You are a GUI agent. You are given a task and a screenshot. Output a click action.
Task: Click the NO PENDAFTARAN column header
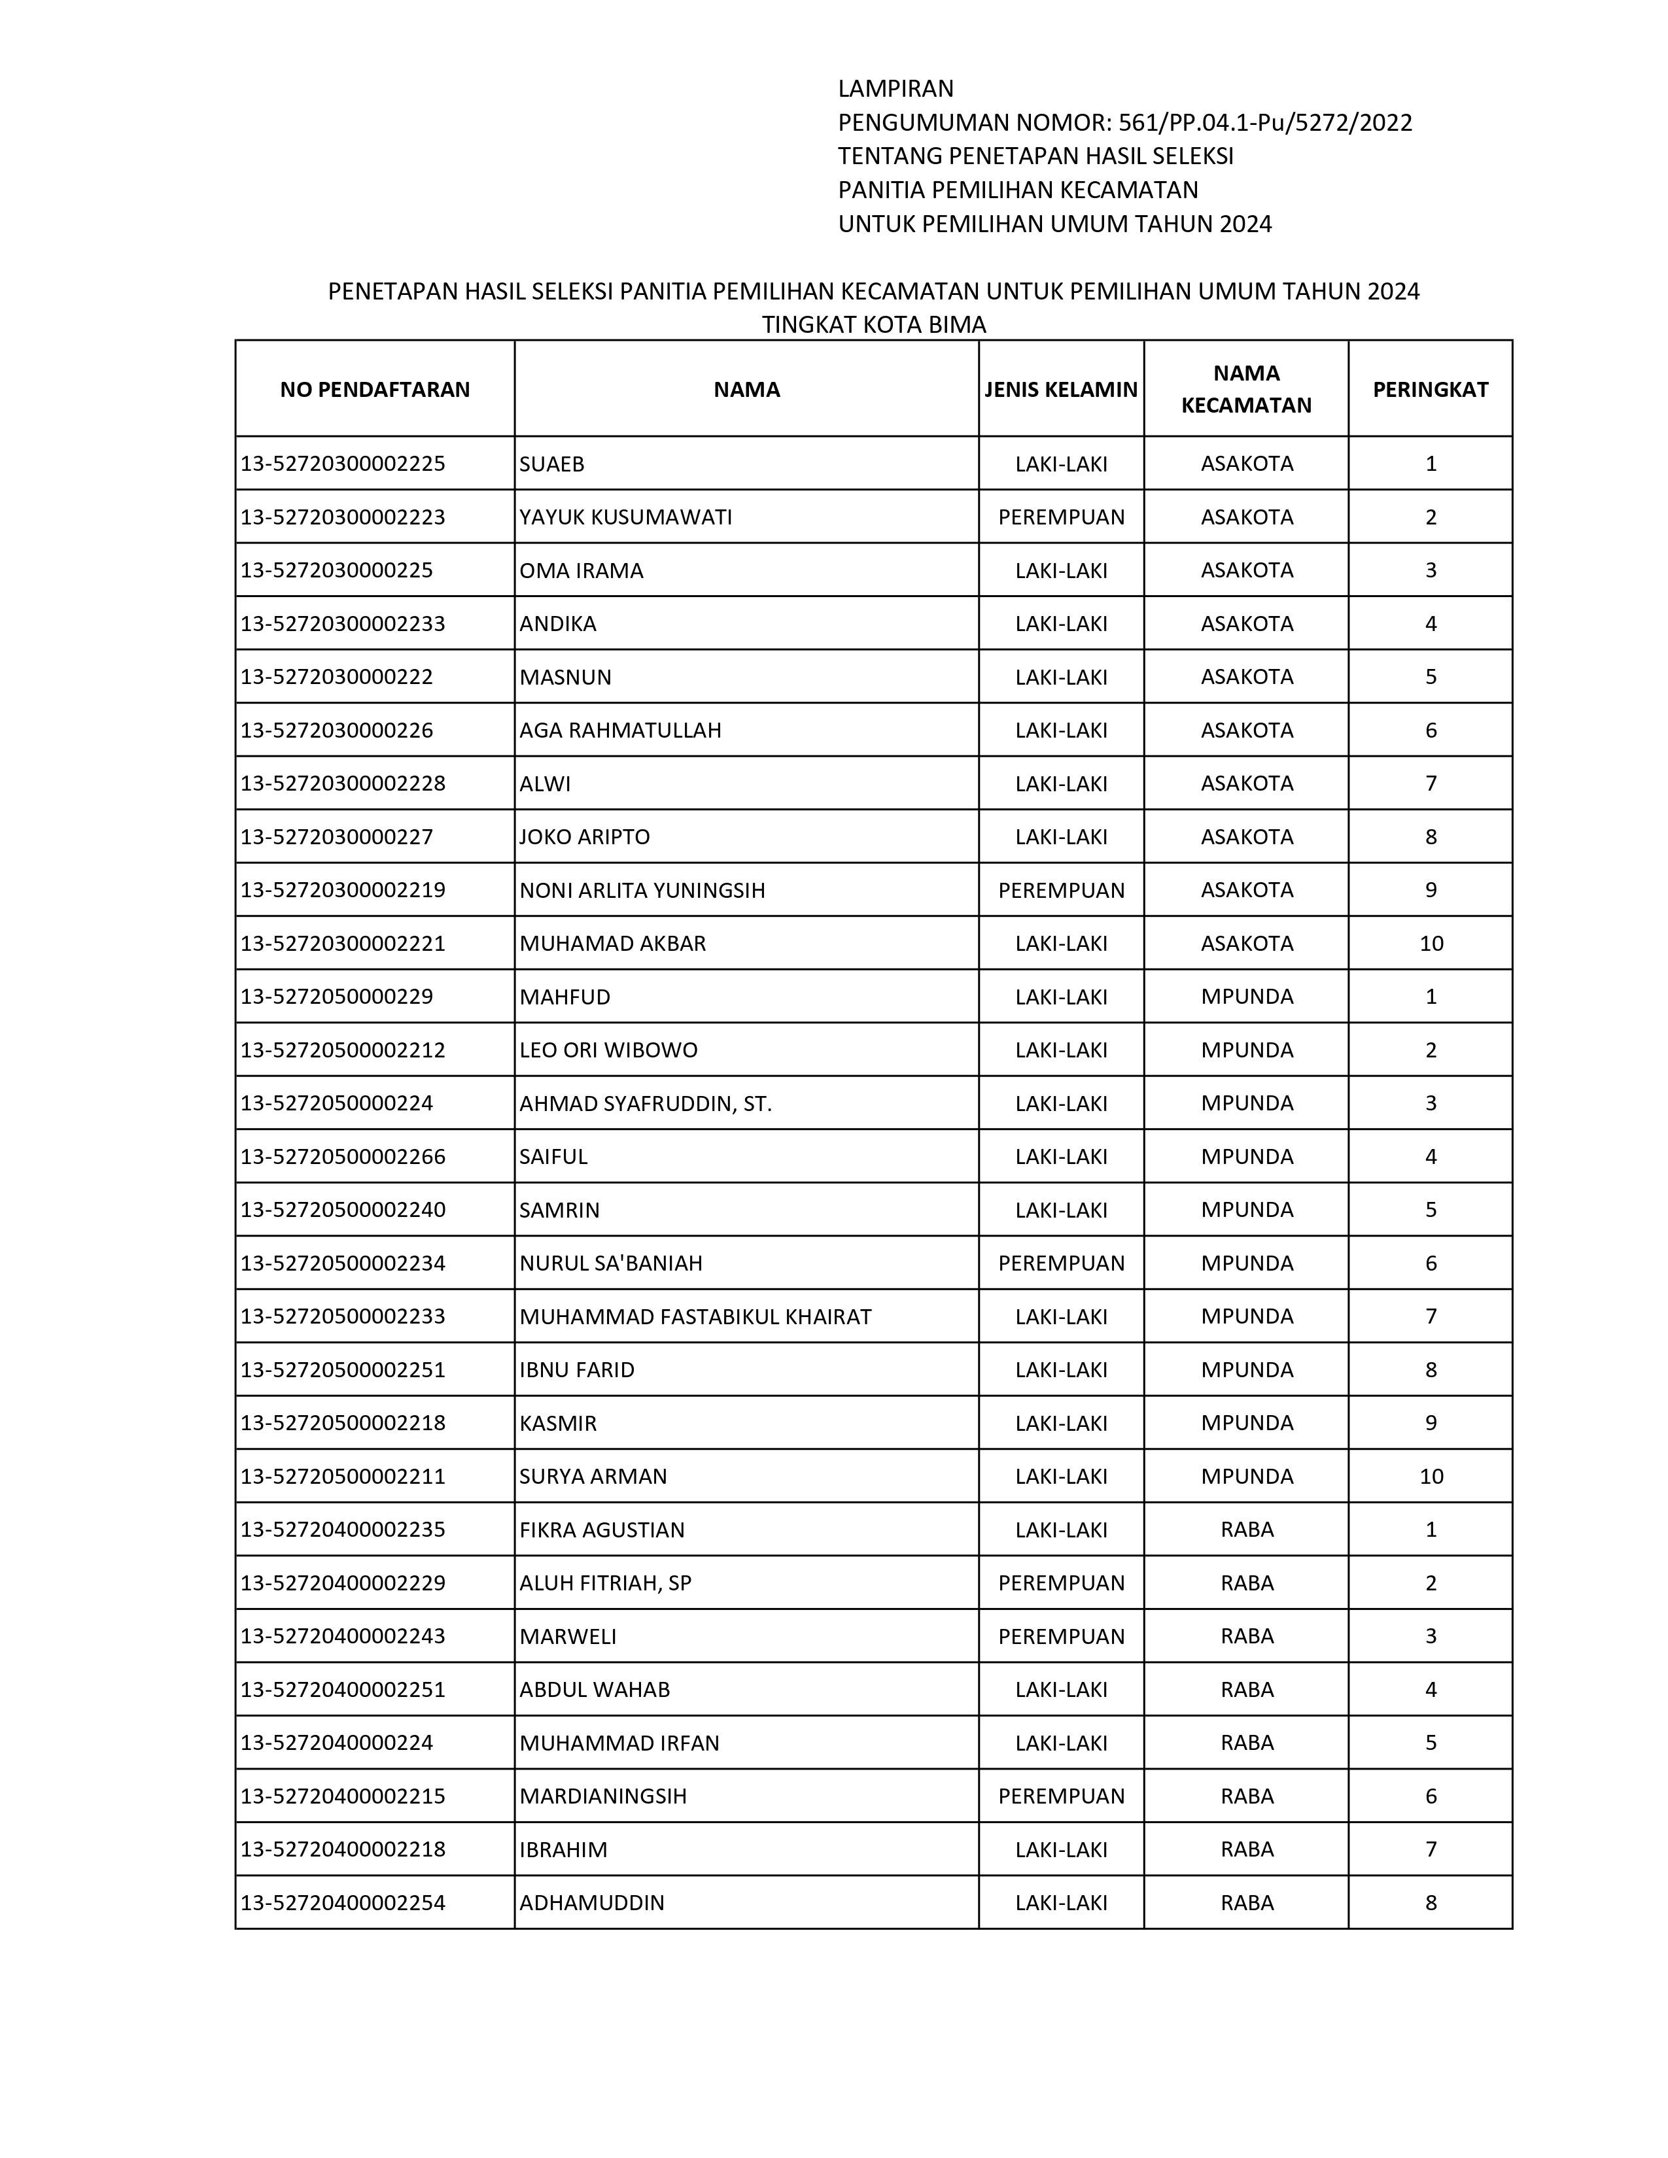(x=375, y=389)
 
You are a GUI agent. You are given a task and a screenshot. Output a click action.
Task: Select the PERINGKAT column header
(x=1430, y=389)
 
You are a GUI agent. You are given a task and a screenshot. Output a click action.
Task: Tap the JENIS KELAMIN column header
(x=1060, y=389)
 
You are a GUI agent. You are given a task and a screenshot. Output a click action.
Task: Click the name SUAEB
(x=551, y=464)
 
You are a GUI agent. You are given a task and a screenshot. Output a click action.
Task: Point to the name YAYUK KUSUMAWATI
(x=625, y=517)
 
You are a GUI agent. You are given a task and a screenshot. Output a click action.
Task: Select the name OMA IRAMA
(x=581, y=570)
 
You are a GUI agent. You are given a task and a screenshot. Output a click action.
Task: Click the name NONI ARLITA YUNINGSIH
(x=642, y=890)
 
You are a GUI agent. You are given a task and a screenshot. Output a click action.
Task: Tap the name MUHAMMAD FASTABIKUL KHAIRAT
(x=695, y=1316)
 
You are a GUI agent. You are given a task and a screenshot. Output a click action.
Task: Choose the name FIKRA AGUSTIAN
(x=602, y=1530)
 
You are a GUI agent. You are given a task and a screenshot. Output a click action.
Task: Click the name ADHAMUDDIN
(x=592, y=1902)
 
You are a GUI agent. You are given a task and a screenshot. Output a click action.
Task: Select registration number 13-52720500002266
(x=343, y=1156)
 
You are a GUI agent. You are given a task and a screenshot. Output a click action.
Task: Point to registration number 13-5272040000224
(x=337, y=1742)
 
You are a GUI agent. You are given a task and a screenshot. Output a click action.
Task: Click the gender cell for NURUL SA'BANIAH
(x=1061, y=1263)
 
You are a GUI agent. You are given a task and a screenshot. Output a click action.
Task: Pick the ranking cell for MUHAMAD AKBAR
(x=1431, y=944)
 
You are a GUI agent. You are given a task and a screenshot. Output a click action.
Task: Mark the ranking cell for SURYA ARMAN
(x=1431, y=1476)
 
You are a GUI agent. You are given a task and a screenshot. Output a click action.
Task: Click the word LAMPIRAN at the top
(x=895, y=89)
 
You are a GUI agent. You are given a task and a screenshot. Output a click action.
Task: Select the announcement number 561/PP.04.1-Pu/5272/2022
(x=1265, y=122)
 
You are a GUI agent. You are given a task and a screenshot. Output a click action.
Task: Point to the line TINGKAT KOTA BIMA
(x=873, y=324)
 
